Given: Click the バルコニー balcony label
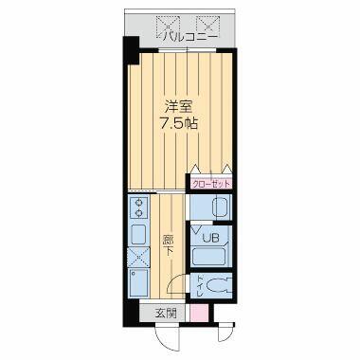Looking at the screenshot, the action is click(x=189, y=37).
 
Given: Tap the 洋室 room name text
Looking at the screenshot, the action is click(x=179, y=107).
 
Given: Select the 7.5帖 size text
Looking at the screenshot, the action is click(x=179, y=124).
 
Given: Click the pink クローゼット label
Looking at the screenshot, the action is click(x=210, y=184).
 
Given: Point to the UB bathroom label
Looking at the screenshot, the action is click(x=210, y=238).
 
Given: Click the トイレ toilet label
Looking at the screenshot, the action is click(x=200, y=286).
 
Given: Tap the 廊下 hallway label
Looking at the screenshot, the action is click(x=168, y=244).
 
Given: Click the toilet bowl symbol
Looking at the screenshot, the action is click(x=219, y=286).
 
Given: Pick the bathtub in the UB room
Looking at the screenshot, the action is click(x=209, y=256).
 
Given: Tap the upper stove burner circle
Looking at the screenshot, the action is click(x=139, y=201).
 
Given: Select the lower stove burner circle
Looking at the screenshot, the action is click(x=139, y=212).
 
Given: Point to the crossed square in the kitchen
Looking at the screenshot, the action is click(x=139, y=257).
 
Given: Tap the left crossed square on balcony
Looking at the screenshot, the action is click(x=169, y=25).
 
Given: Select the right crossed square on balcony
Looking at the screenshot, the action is click(x=207, y=25).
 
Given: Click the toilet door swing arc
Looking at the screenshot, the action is click(x=172, y=282).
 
